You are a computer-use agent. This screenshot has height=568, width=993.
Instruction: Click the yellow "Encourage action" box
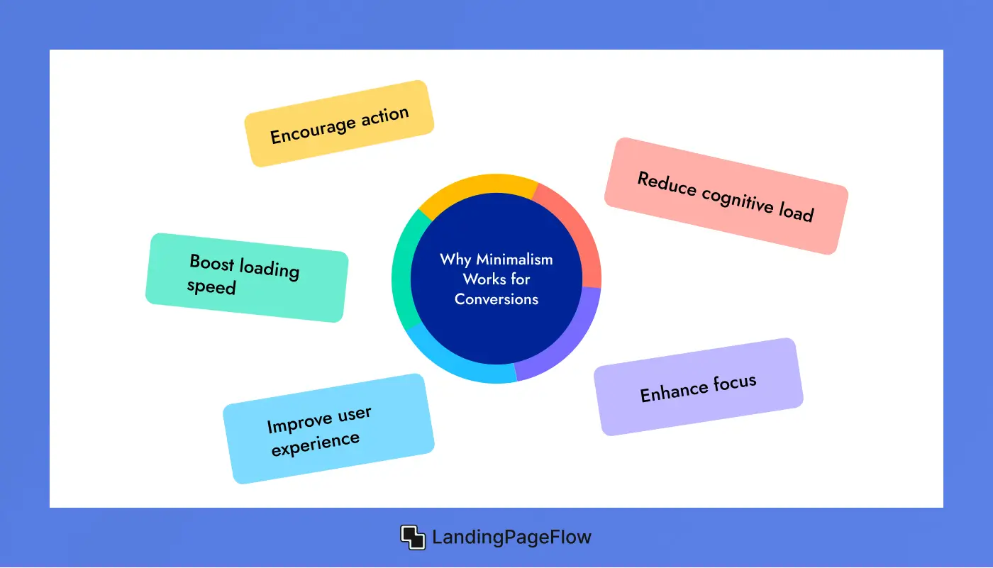[x=339, y=124]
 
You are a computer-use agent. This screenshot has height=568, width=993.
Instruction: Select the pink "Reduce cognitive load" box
[x=726, y=196]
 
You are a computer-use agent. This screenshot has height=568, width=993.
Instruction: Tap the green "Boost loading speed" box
[x=247, y=277]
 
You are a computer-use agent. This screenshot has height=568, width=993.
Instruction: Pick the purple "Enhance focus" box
[x=699, y=386]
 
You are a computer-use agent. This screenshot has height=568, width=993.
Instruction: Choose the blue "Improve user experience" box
[x=328, y=429]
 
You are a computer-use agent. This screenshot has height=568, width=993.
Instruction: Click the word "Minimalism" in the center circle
[x=514, y=260]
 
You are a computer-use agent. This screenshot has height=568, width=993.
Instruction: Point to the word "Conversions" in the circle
[x=496, y=299]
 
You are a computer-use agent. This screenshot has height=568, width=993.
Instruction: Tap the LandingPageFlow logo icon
[x=413, y=538]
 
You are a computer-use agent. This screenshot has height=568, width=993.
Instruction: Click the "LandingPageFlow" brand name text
[x=511, y=538]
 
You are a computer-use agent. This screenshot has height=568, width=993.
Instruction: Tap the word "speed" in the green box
[x=211, y=286]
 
